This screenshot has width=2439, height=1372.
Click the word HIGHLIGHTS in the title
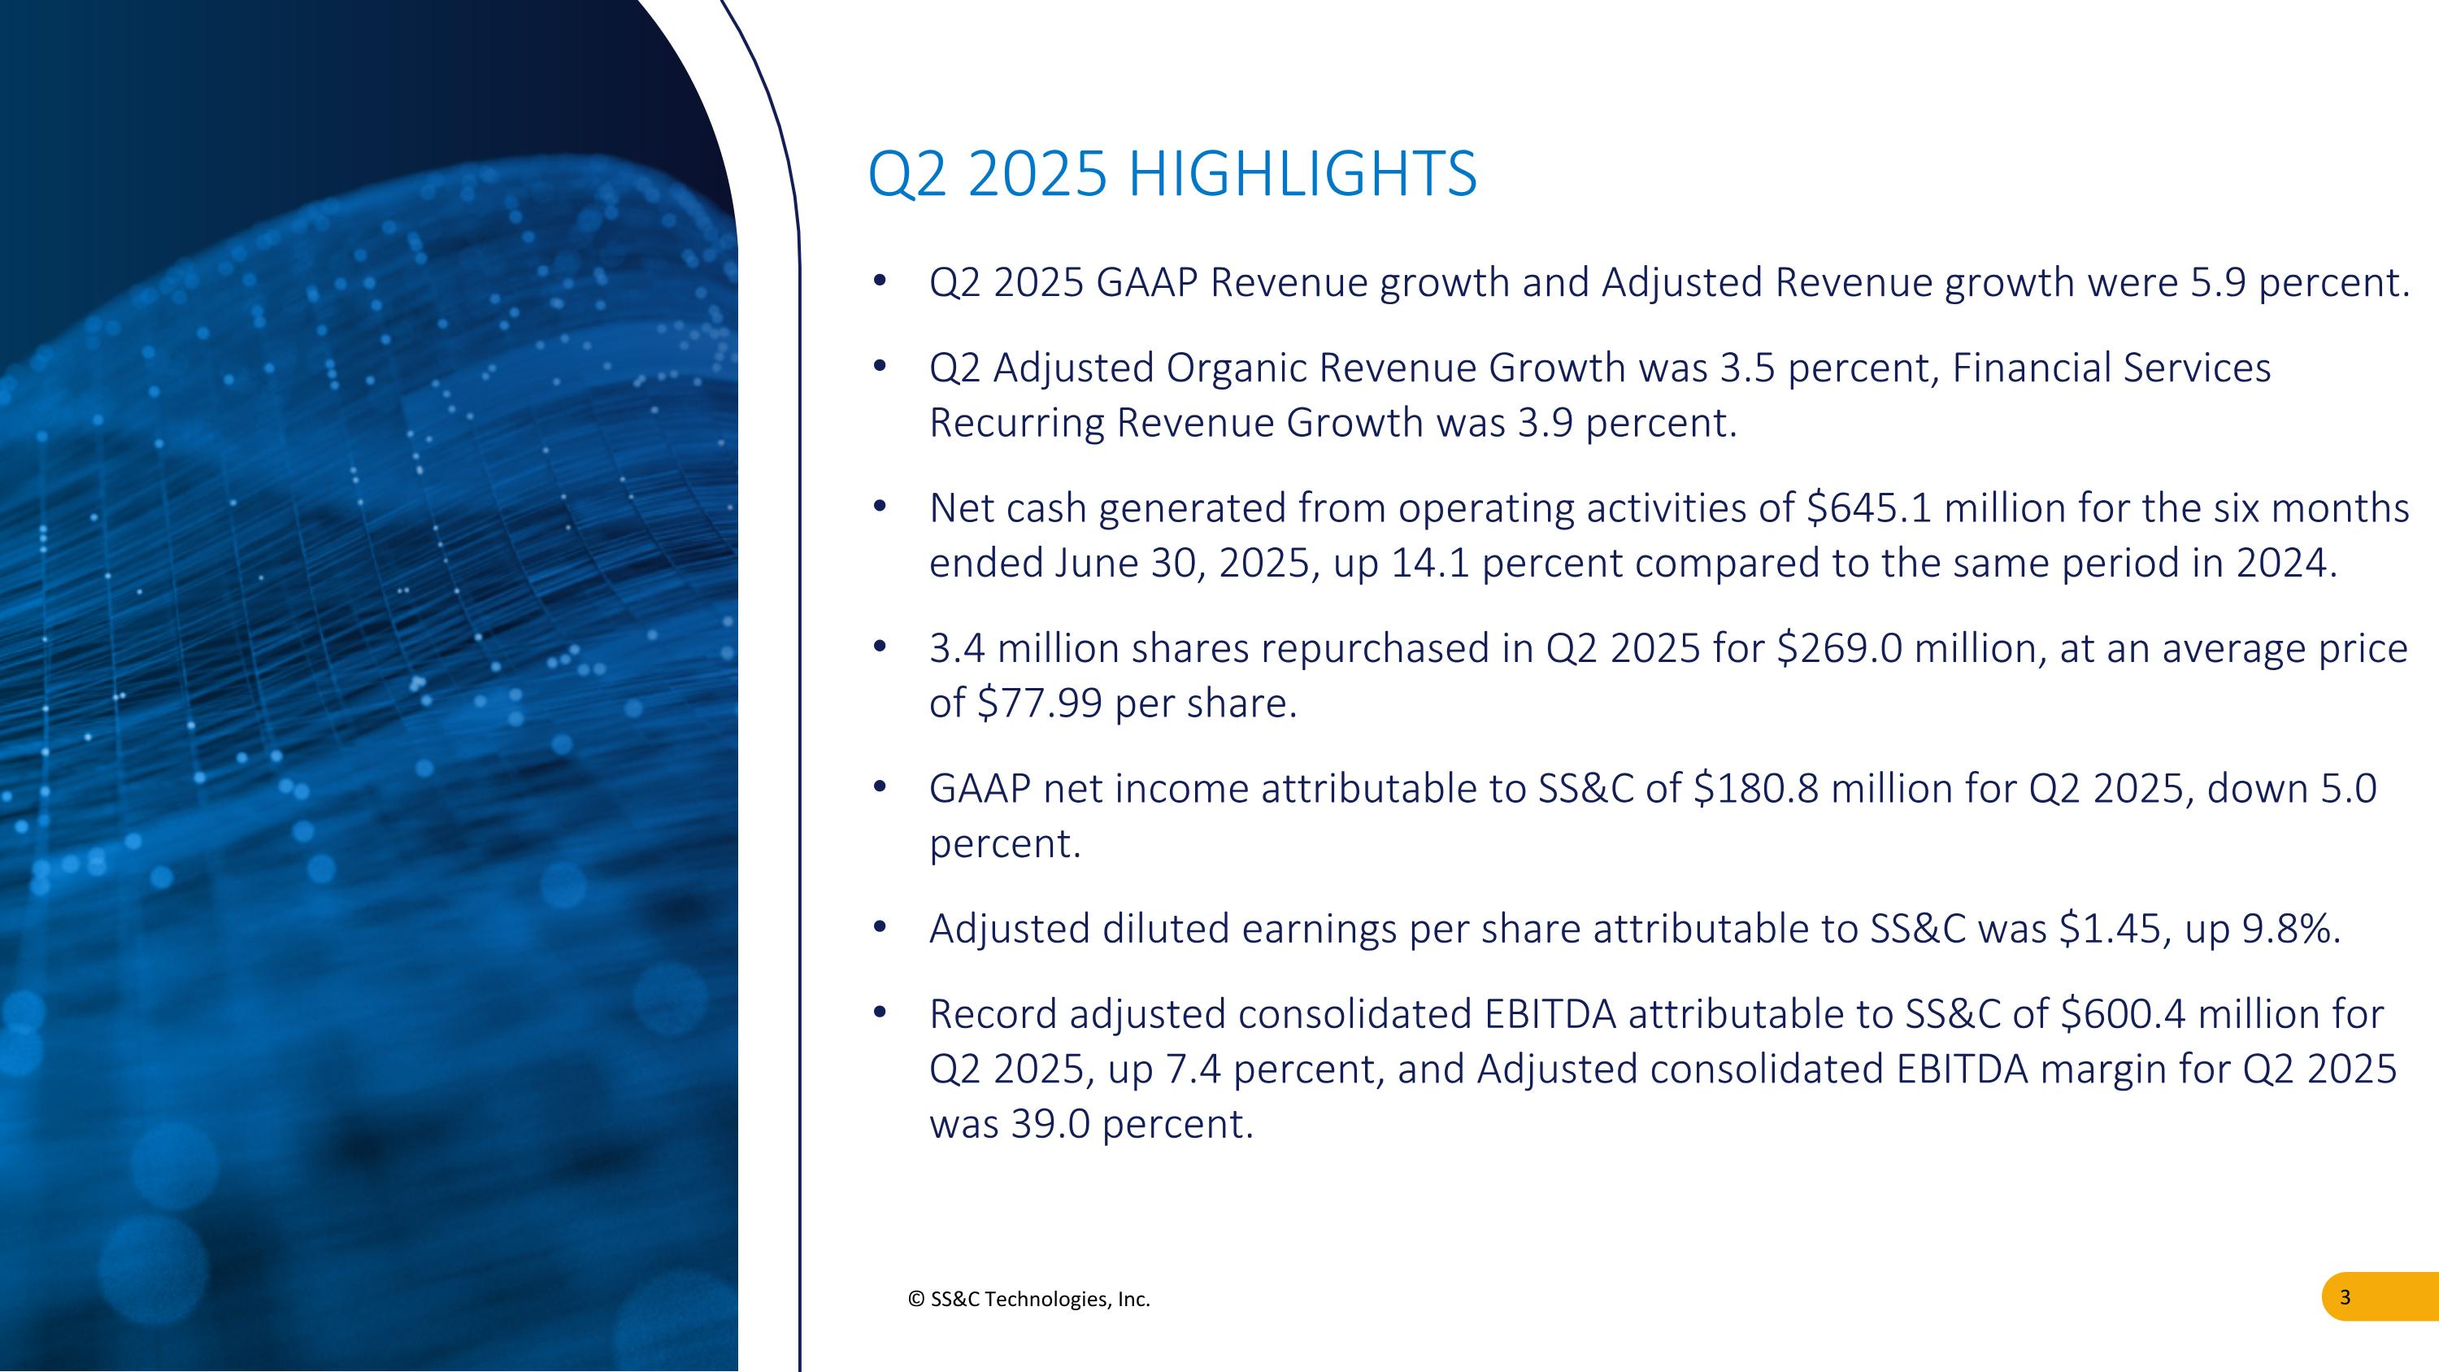[x=1302, y=174]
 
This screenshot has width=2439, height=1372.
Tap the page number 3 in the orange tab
[x=2345, y=1297]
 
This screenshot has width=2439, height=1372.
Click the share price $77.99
[x=1039, y=703]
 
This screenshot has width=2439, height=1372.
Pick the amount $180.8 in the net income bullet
[x=1755, y=789]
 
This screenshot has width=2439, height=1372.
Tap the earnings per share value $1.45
[x=2111, y=929]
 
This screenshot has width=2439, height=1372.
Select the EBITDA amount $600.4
[x=2123, y=1014]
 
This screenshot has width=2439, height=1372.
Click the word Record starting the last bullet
[x=993, y=1014]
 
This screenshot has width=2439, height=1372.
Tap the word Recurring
[x=1016, y=423]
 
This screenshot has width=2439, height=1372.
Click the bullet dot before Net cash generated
[x=880, y=507]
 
